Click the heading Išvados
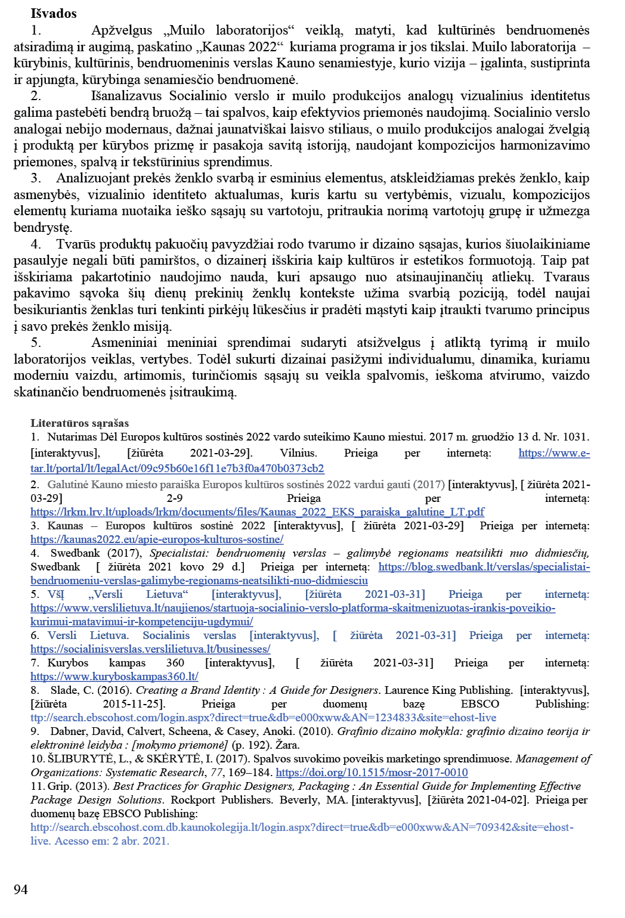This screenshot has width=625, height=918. click(54, 13)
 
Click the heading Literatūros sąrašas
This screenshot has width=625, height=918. click(80, 423)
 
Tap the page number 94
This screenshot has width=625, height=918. click(21, 889)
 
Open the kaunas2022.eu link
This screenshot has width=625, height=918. click(157, 539)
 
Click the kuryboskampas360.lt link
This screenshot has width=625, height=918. click(115, 677)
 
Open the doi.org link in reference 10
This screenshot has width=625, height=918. click(372, 773)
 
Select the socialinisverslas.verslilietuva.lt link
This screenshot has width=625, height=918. click(150, 649)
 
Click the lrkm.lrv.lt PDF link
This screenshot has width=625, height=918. click(257, 512)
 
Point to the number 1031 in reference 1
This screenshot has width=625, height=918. click(576, 437)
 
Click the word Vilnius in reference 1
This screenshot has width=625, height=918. click(298, 453)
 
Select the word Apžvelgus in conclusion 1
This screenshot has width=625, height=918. click(122, 30)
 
